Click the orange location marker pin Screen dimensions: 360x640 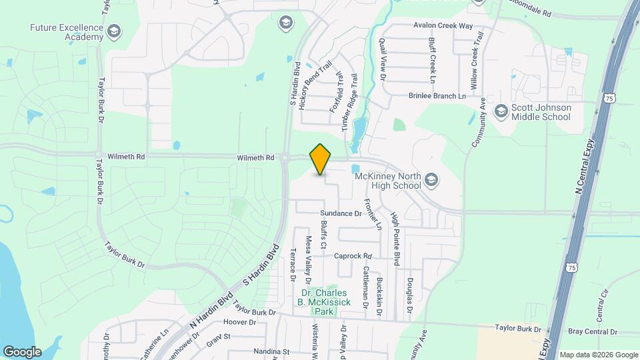pyautogui.click(x=321, y=159)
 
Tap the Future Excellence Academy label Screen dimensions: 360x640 pyautogui.click(x=67, y=32)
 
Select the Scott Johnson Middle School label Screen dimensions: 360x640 pyautogui.click(x=541, y=112)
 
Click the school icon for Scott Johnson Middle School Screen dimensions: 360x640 pyautogui.click(x=501, y=110)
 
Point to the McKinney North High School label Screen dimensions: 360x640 pyautogui.click(x=387, y=181)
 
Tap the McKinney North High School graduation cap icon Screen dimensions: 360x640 pyautogui.click(x=431, y=178)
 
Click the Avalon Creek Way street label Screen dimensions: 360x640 pyautogui.click(x=443, y=26)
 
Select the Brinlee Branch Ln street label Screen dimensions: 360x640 pyautogui.click(x=437, y=96)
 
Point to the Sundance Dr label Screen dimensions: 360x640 pyautogui.click(x=339, y=214)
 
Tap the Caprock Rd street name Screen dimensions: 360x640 pyautogui.click(x=352, y=256)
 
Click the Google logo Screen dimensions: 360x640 pyautogui.click(x=22, y=351)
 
